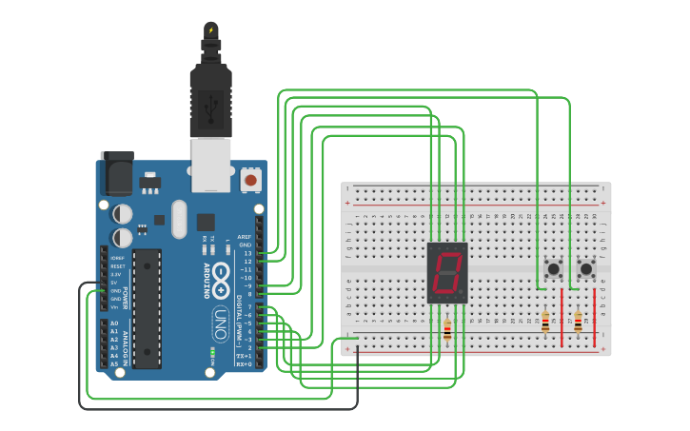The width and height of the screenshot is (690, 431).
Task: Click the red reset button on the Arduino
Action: point(251,178)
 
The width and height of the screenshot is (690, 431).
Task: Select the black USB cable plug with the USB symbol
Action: point(210,100)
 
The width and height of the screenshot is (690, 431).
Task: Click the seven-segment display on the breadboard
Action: point(447,273)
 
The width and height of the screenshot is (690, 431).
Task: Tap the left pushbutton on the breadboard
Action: point(551,269)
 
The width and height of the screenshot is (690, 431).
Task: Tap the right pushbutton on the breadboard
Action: point(585,269)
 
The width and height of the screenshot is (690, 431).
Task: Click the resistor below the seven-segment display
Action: point(447,329)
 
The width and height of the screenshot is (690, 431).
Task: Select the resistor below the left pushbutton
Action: point(545,322)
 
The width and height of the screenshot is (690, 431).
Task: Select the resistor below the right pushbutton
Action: point(578,322)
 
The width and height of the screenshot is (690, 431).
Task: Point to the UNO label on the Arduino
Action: point(219,317)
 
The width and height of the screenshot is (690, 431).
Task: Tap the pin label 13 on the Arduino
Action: point(247,253)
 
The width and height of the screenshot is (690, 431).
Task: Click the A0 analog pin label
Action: point(114,323)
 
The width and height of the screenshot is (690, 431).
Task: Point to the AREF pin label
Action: point(245,237)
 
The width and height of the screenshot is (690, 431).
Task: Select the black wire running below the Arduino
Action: point(219,408)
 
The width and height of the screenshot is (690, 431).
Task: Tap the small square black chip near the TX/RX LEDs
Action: point(206,222)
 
